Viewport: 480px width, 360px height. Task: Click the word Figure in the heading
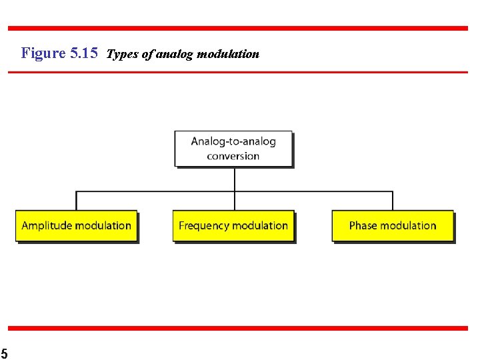click(43, 53)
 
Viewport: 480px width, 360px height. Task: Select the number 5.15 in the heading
click(84, 53)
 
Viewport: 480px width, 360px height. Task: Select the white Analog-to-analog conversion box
click(233, 148)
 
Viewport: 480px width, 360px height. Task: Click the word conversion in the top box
click(233, 157)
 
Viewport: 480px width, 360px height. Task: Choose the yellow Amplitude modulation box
click(76, 226)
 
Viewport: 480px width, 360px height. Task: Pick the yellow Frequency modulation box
click(233, 226)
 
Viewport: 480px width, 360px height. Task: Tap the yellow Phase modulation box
click(393, 226)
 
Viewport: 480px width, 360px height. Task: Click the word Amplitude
click(47, 226)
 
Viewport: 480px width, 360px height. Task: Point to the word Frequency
click(203, 226)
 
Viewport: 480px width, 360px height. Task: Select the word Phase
click(363, 226)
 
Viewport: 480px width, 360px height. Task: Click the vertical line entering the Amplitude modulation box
click(76, 201)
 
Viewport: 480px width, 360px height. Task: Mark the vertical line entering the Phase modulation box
click(393, 201)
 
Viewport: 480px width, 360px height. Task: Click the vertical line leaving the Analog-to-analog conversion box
click(235, 179)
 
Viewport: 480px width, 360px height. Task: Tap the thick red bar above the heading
click(238, 28)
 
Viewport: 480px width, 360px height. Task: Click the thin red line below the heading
click(238, 72)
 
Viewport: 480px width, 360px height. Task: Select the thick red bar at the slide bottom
click(238, 328)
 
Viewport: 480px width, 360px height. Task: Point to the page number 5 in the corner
click(3, 353)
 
